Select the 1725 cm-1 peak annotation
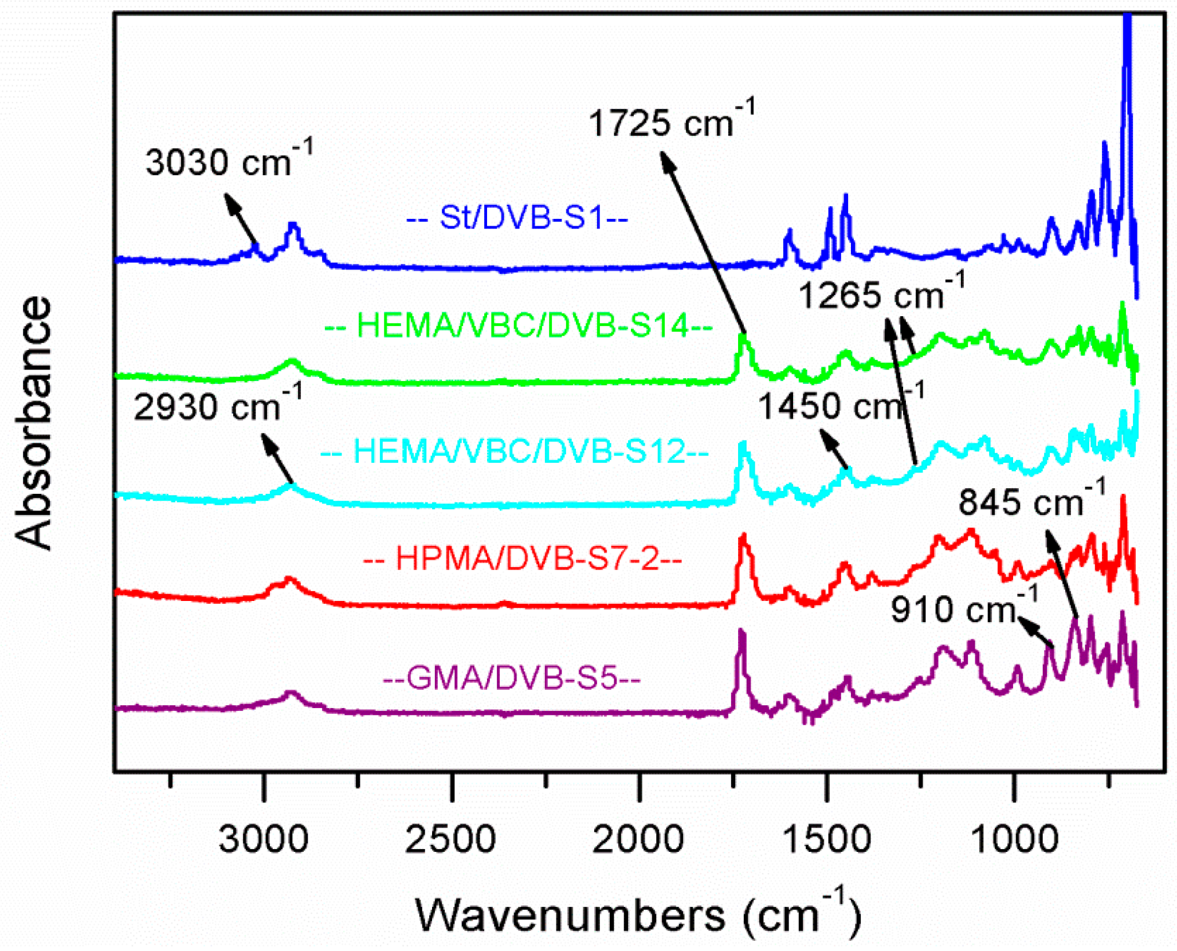pyautogui.click(x=671, y=121)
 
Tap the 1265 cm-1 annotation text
pyautogui.click(x=881, y=294)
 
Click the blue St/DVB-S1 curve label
pyautogui.click(x=517, y=217)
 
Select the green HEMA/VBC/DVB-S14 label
pyautogui.click(x=518, y=325)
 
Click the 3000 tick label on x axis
pyautogui.click(x=263, y=839)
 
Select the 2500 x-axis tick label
pyautogui.click(x=450, y=839)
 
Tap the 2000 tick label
pyautogui.click(x=638, y=839)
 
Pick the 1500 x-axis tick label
pyautogui.click(x=826, y=839)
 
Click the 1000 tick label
pyautogui.click(x=1014, y=839)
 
